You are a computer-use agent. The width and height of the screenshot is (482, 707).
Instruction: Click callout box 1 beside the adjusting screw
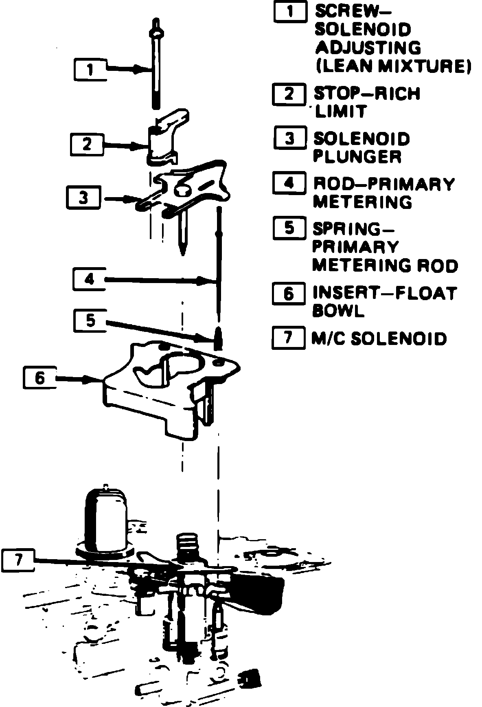90,69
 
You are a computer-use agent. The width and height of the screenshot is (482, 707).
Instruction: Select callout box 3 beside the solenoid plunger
83,198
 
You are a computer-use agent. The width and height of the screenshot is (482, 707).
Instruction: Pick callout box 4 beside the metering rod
89,279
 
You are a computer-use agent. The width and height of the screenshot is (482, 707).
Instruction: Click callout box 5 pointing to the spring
90,321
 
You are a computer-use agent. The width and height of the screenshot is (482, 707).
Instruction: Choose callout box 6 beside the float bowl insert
39,378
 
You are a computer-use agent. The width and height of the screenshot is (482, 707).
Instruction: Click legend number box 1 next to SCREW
290,11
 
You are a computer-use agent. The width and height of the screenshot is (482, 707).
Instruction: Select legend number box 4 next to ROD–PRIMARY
289,184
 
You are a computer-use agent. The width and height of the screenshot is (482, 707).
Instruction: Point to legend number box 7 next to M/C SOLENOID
288,338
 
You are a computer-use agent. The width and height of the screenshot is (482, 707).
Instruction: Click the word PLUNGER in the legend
357,157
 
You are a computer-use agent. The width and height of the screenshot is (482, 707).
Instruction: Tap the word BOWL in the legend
338,312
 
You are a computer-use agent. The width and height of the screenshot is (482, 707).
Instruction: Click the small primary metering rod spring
219,337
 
